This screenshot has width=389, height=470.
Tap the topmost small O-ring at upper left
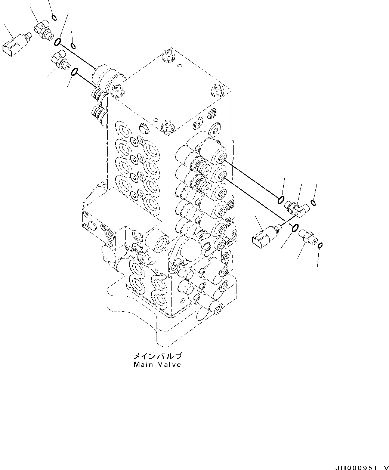tap(54, 17)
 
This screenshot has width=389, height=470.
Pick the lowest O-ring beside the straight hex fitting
tap(320, 245)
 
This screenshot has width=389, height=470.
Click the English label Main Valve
tap(157, 364)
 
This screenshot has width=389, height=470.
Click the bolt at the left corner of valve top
tap(118, 89)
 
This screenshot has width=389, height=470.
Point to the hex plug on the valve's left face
tap(143, 129)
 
